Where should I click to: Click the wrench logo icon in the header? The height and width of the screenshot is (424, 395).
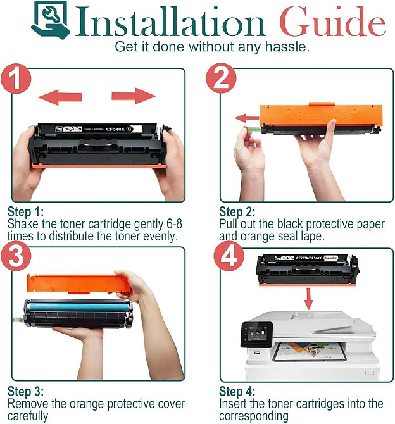pos(50,20)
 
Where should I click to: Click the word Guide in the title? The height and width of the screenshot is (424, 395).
pos(332,22)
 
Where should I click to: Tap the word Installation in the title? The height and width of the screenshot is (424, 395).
pos(170,22)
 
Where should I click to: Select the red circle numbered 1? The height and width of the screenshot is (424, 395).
pos(16,78)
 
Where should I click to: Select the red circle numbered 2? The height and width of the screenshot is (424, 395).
pos(221,78)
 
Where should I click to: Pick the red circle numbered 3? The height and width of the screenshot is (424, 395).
pos(16,256)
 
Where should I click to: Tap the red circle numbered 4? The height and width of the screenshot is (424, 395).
pos(229,256)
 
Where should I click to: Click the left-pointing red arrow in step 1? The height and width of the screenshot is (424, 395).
pos(60,97)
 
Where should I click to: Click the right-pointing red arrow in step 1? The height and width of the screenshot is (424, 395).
pos(134,96)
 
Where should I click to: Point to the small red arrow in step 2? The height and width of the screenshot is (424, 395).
pos(247,118)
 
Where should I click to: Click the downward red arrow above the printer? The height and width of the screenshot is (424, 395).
pos(308,299)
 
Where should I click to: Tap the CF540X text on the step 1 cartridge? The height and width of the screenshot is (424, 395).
pos(115,129)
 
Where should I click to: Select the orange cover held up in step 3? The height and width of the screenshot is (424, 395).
pos(78,284)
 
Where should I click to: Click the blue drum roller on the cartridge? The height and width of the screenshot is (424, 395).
pos(78,307)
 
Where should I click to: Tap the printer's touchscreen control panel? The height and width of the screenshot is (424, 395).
pos(256,335)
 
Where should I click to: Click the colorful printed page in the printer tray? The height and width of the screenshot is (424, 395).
pos(310,351)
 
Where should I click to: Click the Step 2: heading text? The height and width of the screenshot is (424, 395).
pos(237,211)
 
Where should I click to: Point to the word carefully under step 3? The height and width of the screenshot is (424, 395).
pos(28,416)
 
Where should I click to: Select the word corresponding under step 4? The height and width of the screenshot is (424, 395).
pos(254,416)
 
